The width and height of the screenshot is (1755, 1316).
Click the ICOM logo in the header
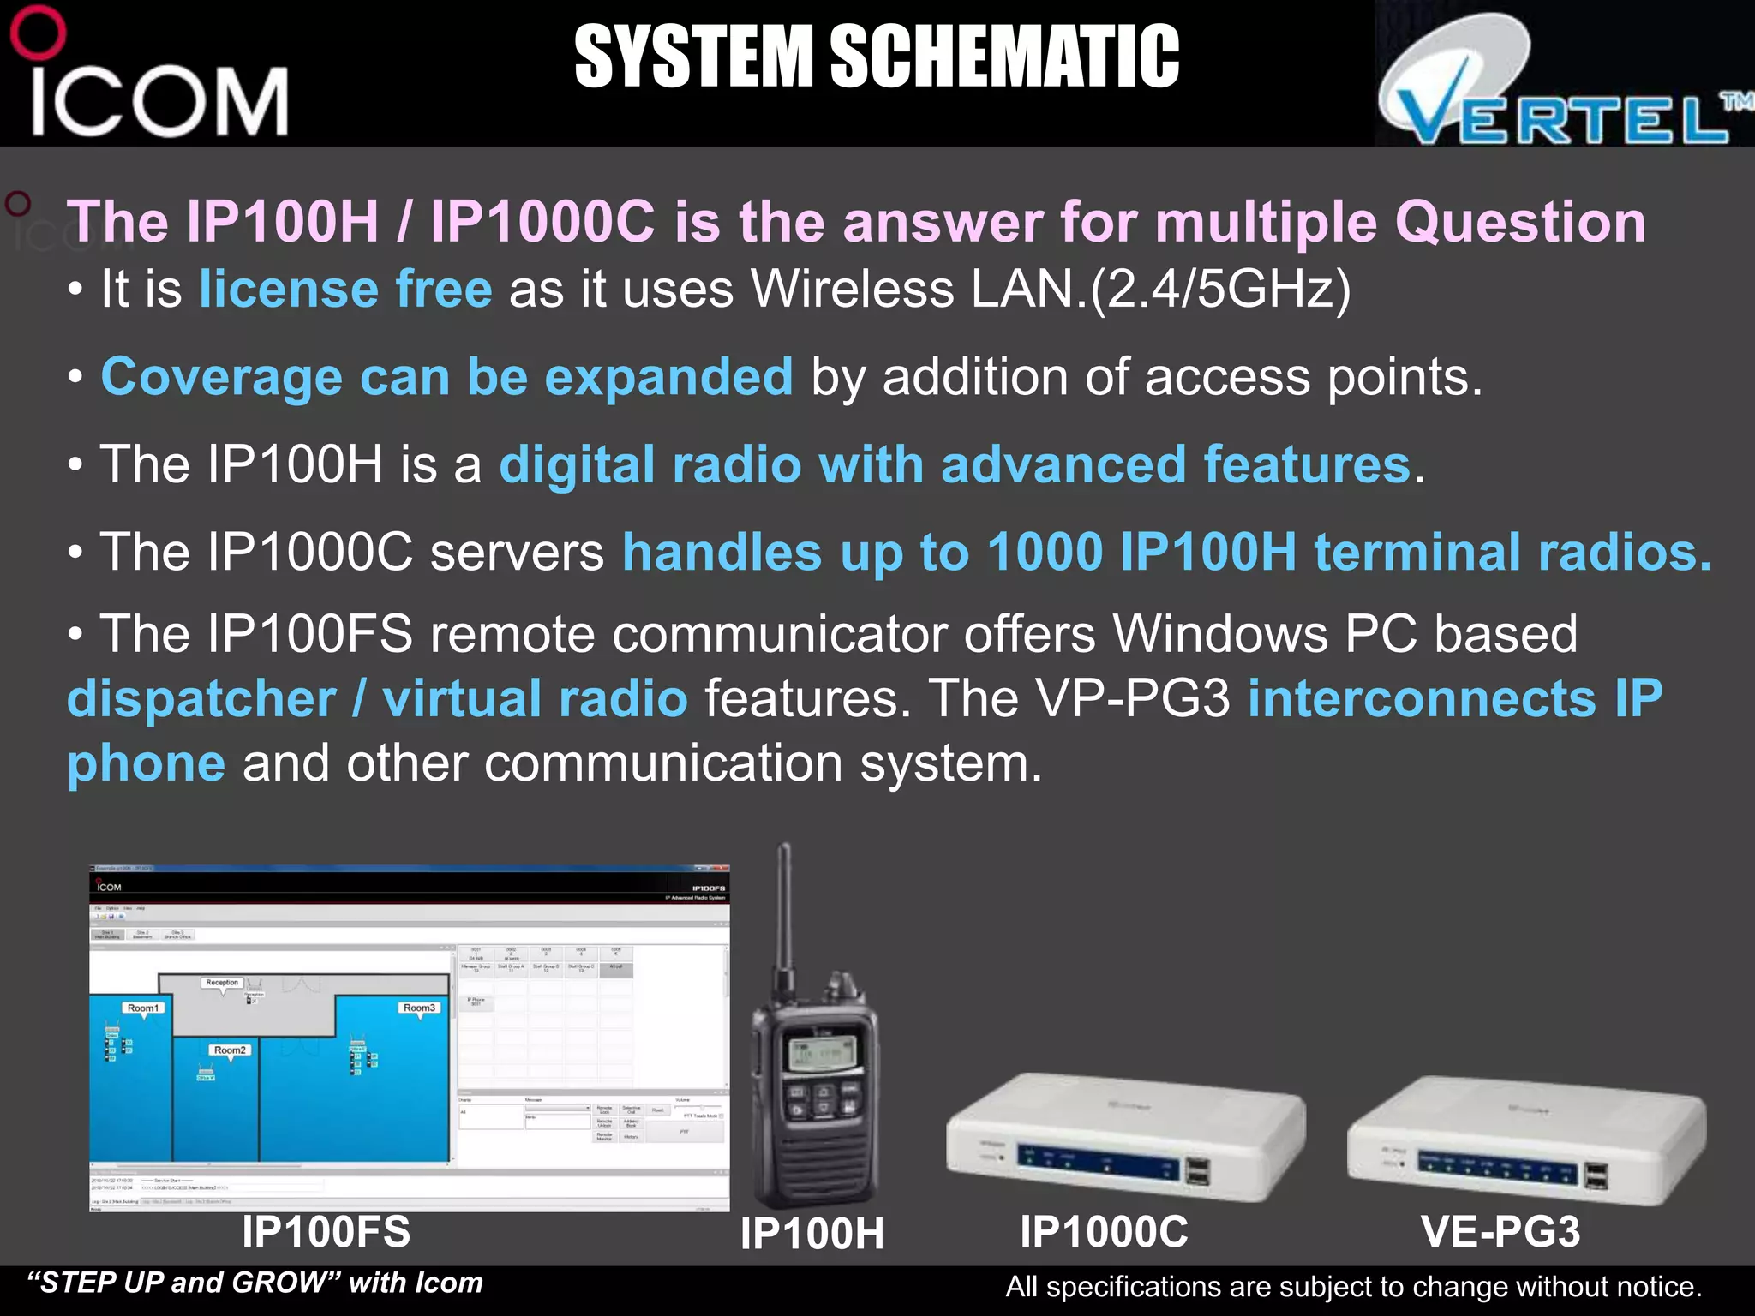click(154, 81)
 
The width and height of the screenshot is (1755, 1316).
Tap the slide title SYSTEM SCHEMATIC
click(876, 57)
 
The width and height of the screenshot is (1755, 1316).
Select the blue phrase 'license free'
click(345, 289)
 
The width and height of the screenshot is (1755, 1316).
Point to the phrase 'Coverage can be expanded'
click(446, 377)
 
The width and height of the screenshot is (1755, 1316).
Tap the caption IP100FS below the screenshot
click(326, 1231)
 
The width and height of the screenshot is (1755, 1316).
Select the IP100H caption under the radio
click(812, 1234)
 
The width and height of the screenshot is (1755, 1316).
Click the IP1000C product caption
click(1104, 1232)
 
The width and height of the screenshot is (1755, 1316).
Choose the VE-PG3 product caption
click(1500, 1232)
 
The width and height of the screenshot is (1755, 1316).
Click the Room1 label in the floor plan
click(142, 1008)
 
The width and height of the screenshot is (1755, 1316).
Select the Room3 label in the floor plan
click(419, 1008)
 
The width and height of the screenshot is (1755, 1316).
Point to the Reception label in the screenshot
click(222, 983)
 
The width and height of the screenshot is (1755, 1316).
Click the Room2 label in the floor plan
click(230, 1050)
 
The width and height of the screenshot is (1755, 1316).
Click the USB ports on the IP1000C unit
click(1198, 1171)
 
